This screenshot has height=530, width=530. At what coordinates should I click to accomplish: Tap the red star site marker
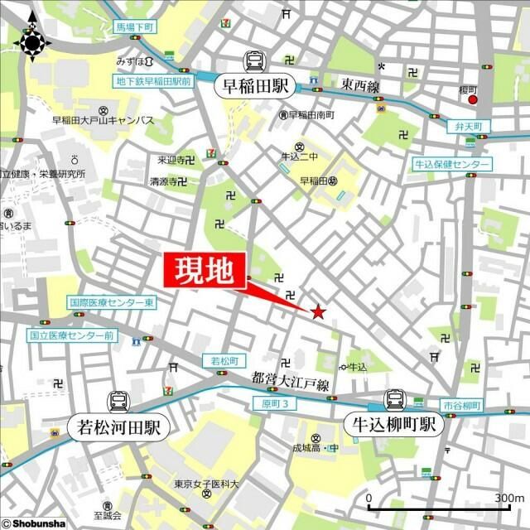coord(318,312)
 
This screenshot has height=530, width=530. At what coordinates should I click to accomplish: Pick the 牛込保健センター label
coord(452,165)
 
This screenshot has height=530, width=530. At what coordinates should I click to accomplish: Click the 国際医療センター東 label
coord(113,303)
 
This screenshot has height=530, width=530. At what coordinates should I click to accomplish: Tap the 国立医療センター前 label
coord(72,336)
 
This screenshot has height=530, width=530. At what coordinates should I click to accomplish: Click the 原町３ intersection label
coord(273,403)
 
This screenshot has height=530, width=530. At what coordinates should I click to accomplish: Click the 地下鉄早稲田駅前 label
coord(152,81)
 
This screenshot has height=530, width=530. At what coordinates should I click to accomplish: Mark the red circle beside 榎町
coord(473,100)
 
